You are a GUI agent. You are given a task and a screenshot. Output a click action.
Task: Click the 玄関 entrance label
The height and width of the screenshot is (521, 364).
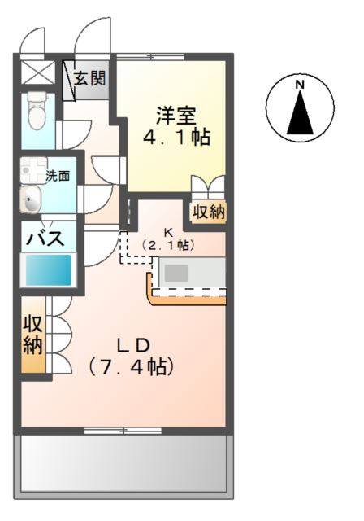pyautogui.click(x=90, y=79)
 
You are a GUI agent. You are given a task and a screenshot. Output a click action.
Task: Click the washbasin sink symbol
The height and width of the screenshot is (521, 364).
pyautogui.click(x=32, y=199)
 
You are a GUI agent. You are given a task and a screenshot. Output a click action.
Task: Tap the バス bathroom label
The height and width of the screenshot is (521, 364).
pyautogui.click(x=45, y=239)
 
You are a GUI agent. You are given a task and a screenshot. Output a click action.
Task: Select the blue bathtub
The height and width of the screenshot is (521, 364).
pyautogui.click(x=50, y=269)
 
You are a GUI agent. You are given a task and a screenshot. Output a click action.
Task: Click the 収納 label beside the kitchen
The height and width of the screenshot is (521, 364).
pyautogui.click(x=209, y=212)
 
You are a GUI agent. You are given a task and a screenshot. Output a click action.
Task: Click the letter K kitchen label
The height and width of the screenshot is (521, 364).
pyautogui.click(x=169, y=231)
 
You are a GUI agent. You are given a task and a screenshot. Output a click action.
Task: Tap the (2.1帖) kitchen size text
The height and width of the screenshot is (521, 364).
pyautogui.click(x=169, y=244)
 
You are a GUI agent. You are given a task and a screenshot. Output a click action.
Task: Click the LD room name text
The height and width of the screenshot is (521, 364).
pyautogui.click(x=135, y=342)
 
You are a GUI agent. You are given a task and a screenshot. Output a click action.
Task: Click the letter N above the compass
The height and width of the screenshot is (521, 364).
pyautogui.click(x=299, y=84)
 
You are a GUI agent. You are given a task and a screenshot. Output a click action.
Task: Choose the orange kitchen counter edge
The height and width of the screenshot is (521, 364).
pyautogui.click(x=187, y=299)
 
